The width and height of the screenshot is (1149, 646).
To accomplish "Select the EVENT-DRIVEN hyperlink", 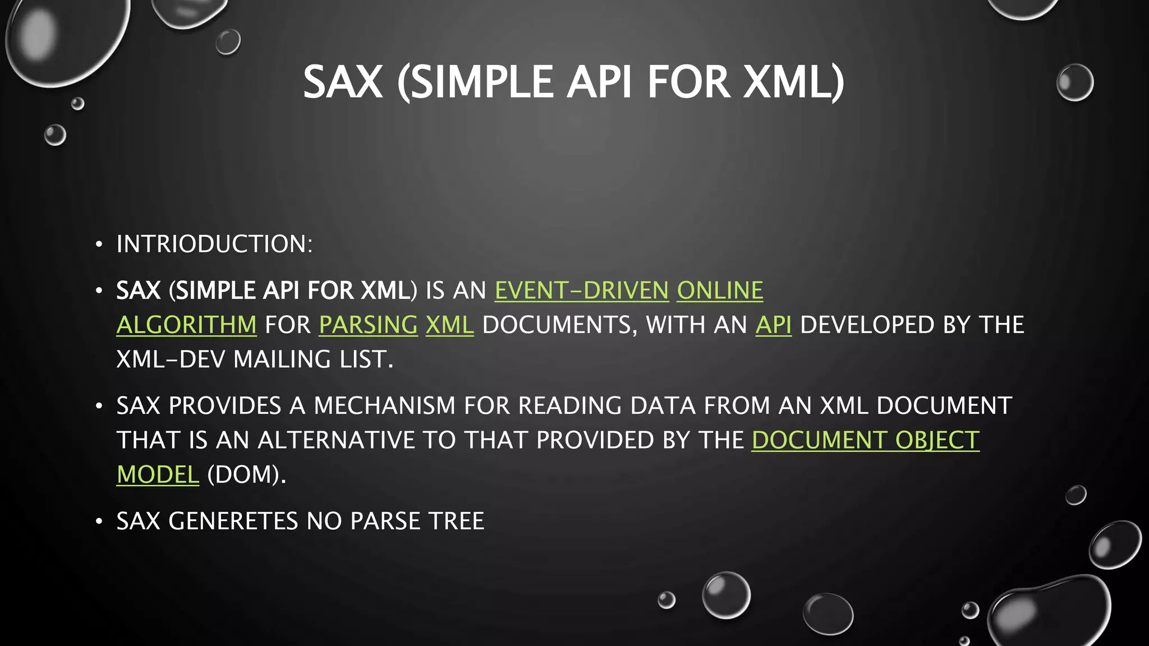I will point(581,291).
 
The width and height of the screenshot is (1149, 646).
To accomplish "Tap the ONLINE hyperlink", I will point(720,291).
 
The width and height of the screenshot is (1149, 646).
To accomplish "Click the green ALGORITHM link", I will point(186,325).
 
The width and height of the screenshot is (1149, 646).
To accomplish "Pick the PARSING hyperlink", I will point(368,325).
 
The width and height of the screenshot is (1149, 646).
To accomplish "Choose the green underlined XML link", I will point(449,325).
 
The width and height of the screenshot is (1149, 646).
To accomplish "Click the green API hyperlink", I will point(773,325).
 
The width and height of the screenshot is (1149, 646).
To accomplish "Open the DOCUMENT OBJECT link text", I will point(865,440).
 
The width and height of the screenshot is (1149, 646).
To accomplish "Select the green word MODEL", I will point(158,475).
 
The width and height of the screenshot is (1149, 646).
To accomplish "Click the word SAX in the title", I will point(343,82).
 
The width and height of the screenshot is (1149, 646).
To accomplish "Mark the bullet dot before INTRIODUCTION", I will point(99,244).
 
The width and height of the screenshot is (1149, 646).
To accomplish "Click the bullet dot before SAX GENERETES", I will point(99,522).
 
